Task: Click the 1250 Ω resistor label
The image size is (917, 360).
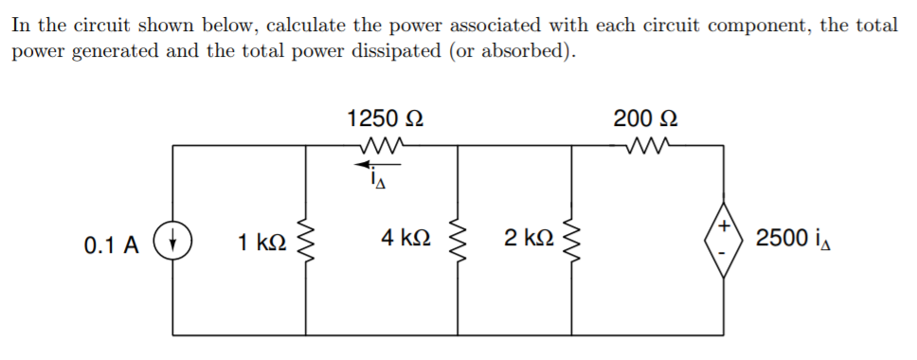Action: tap(385, 120)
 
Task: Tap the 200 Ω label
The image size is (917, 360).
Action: tap(645, 120)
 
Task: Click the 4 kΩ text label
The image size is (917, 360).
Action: tap(407, 239)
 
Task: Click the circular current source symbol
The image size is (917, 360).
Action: tap(173, 242)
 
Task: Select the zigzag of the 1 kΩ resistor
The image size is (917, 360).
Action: tap(305, 242)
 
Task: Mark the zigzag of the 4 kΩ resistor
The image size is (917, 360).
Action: tap(458, 242)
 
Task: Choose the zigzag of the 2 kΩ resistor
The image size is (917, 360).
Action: tap(572, 242)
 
